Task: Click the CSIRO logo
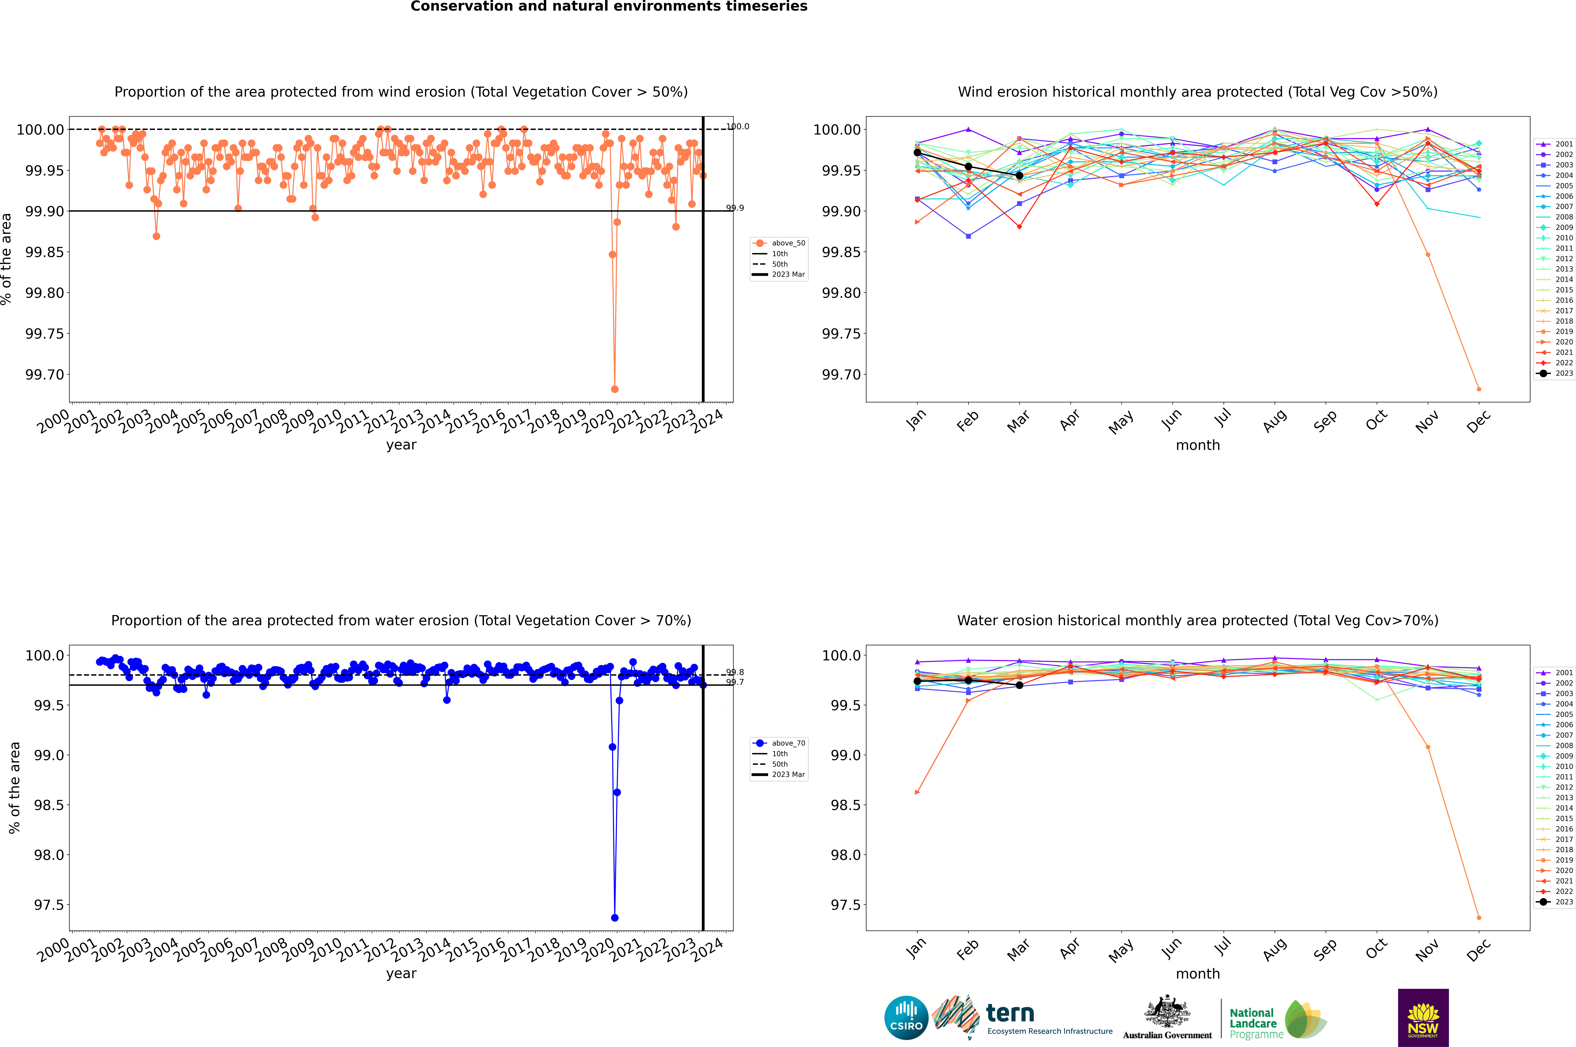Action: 906,1018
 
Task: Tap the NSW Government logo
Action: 1423,1018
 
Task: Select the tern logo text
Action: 1010,1014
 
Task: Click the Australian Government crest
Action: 1167,1012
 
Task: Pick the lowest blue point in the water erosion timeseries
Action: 615,917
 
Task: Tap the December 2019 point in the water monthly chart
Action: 1479,917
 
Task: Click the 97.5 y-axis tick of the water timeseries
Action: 49,905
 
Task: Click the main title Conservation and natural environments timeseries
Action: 609,7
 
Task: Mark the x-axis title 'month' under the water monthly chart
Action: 1197,974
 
